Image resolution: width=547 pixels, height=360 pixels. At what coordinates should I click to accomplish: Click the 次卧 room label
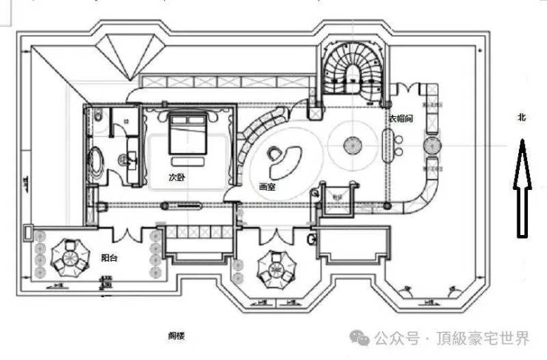[176, 178]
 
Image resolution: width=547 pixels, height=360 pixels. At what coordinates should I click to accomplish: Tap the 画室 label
[267, 187]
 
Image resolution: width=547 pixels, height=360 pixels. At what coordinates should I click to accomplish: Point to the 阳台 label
[109, 259]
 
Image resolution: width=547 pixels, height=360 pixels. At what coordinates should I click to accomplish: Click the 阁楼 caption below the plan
[176, 336]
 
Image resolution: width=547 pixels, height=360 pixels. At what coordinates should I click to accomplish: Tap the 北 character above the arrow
[521, 117]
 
